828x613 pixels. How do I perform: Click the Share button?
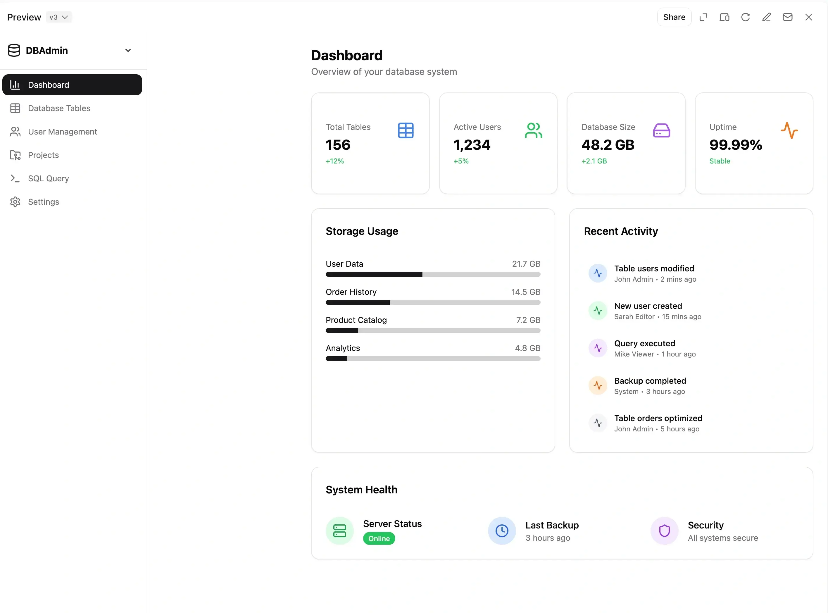674,17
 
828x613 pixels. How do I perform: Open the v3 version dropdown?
58,17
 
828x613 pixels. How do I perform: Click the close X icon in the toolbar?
808,17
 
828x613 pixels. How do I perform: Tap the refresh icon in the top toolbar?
745,17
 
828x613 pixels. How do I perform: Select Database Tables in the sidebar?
59,108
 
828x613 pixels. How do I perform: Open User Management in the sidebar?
62,132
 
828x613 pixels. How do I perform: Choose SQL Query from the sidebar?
48,178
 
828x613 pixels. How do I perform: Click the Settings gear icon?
15,202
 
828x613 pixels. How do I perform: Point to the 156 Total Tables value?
338,145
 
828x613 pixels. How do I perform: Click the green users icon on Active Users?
533,131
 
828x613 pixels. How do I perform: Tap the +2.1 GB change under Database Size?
594,161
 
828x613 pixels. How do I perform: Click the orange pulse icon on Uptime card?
789,131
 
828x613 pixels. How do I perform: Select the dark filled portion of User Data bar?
374,274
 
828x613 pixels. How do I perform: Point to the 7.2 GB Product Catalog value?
528,320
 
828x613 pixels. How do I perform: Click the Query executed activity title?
644,343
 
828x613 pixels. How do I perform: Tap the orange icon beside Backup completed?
598,385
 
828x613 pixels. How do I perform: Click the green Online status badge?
379,538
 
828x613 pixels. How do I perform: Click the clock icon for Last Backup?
501,531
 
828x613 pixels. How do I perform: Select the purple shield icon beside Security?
664,531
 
